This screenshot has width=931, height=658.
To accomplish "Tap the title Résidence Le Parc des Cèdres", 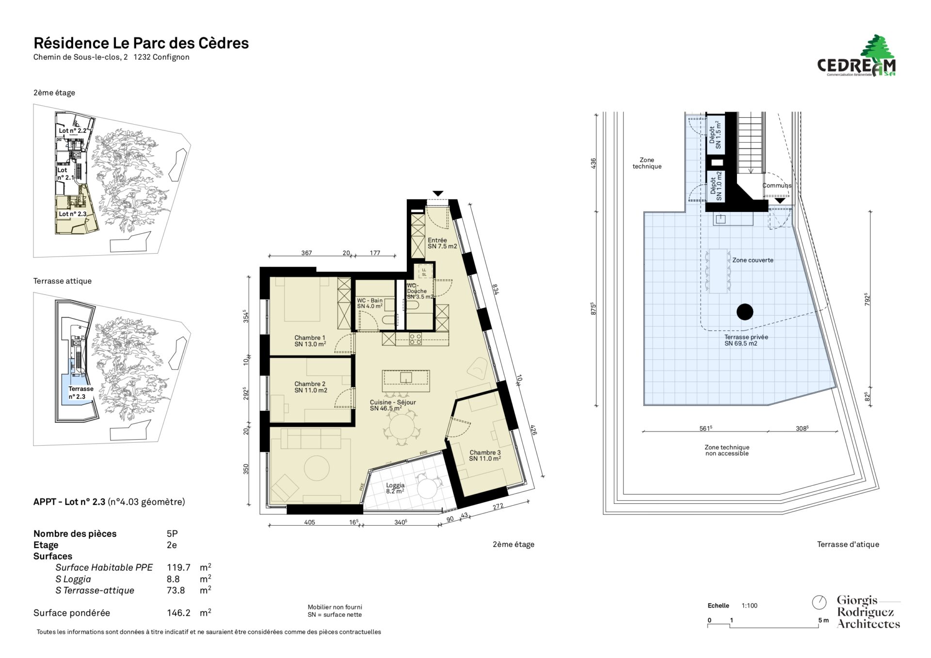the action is point(141,43).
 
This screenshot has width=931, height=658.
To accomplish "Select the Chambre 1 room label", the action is point(310,341).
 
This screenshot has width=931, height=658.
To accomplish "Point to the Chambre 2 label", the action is point(310,387).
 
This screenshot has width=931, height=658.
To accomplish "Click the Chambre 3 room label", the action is point(485,455).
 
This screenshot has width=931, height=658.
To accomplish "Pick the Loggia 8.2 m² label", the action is point(395,488).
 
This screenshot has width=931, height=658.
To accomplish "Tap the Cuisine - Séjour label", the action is point(393,405).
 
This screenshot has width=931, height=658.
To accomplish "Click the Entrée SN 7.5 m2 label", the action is point(442,243).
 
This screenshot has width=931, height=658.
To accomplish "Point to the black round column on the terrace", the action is point(745,312).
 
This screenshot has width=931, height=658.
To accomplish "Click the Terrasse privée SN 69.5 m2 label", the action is point(746,340).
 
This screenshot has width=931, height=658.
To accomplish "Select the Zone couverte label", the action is point(753,260).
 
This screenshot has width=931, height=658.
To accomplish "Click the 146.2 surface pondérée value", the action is point(178,613).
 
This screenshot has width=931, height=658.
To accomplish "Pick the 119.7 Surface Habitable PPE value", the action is point(178,567).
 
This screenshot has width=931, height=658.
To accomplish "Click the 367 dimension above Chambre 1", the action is point(306,253).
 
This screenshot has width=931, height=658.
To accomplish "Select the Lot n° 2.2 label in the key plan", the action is point(72,131).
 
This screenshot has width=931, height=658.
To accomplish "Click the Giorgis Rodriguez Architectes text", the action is point(868,612).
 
